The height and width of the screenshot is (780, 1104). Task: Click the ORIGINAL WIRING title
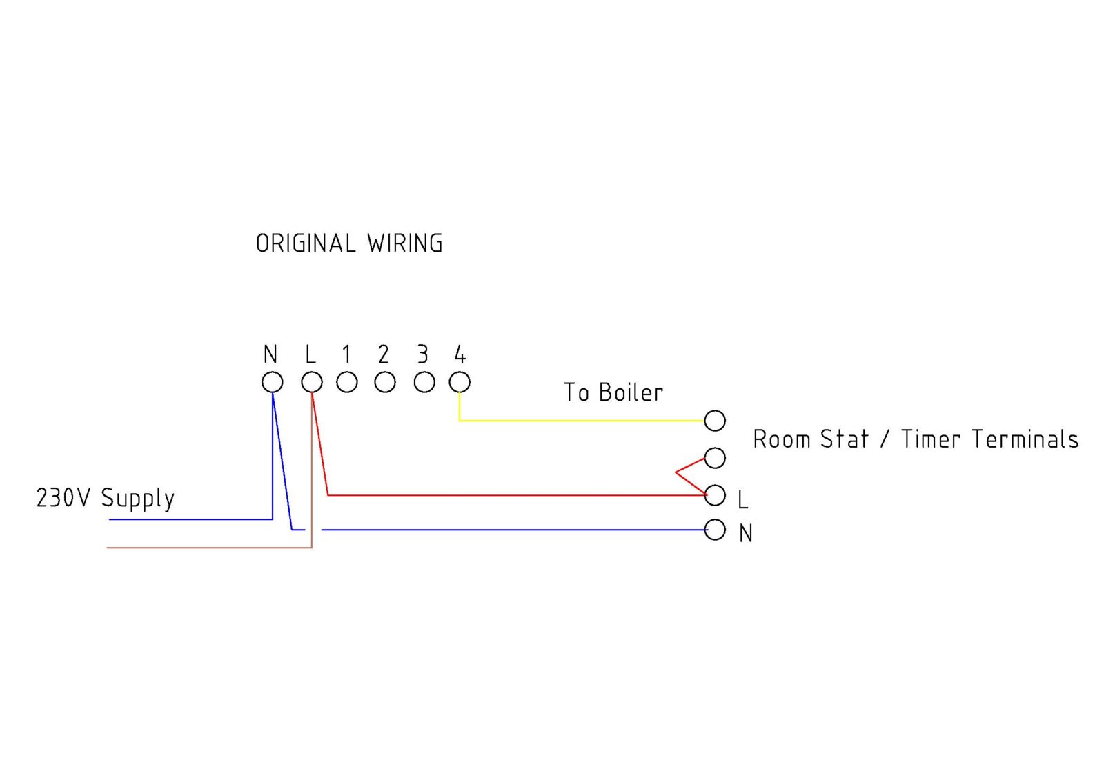coord(349,243)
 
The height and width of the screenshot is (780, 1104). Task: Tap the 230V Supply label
coord(106,498)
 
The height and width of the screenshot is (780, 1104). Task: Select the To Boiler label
coord(613,392)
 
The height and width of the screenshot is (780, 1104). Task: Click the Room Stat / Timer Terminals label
coord(916,439)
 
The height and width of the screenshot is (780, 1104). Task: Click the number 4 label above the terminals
coord(460,354)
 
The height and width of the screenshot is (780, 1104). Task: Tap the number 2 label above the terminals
coord(384,354)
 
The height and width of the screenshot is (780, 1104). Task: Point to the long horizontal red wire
coord(517,495)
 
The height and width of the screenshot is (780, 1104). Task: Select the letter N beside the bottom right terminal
coord(746,534)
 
